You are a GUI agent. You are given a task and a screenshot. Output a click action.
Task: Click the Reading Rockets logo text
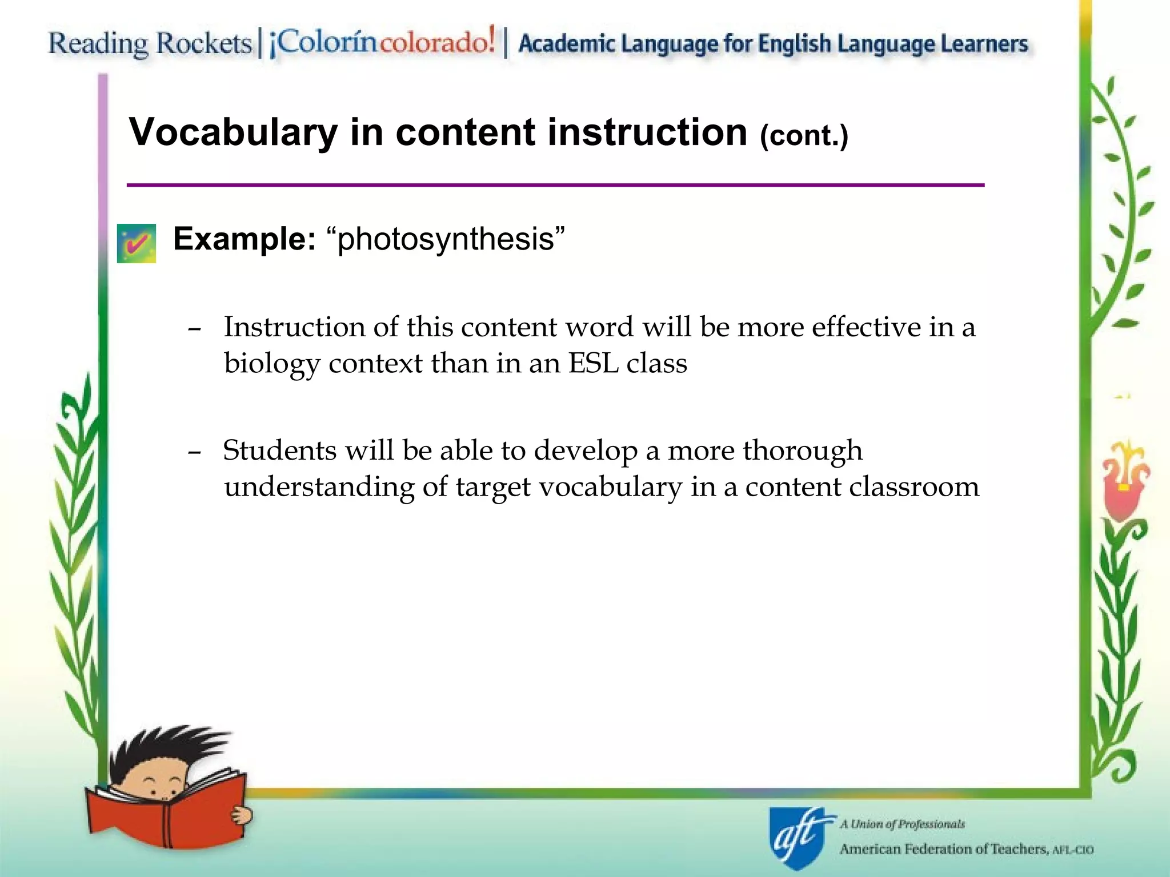150,43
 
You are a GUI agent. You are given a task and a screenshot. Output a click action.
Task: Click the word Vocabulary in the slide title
234,132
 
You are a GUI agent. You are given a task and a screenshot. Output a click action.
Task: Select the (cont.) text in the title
804,136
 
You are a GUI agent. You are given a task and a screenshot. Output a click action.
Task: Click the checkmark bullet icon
137,243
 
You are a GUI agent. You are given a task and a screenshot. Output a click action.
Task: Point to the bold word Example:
244,239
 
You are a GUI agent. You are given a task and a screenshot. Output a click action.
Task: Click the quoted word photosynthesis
446,239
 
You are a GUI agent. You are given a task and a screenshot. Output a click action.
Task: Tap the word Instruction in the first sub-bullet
294,327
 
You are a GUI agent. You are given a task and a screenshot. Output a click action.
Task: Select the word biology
271,364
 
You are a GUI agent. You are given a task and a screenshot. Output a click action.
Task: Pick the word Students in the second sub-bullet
279,450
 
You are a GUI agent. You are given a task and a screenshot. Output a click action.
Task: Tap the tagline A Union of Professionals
902,824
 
